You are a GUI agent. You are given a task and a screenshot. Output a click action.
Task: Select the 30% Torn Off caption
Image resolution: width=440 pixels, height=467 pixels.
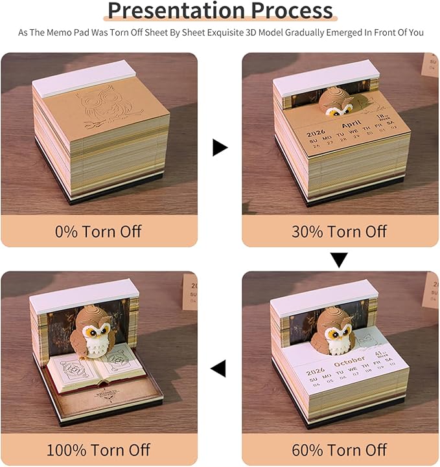(x=340, y=231)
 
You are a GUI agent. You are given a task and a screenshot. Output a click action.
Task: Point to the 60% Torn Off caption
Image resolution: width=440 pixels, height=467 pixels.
(x=340, y=449)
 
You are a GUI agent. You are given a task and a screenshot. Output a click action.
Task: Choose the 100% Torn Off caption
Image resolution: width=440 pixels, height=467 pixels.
(x=99, y=449)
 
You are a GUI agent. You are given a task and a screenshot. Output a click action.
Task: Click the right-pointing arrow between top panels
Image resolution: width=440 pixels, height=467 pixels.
(x=220, y=148)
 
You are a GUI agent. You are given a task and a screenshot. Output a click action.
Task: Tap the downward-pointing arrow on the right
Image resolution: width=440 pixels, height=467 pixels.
(x=339, y=260)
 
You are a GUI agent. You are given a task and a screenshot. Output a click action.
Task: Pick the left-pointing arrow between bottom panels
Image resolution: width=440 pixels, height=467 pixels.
(x=218, y=369)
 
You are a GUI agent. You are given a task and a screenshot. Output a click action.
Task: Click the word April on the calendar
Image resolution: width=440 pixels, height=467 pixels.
(x=351, y=124)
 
